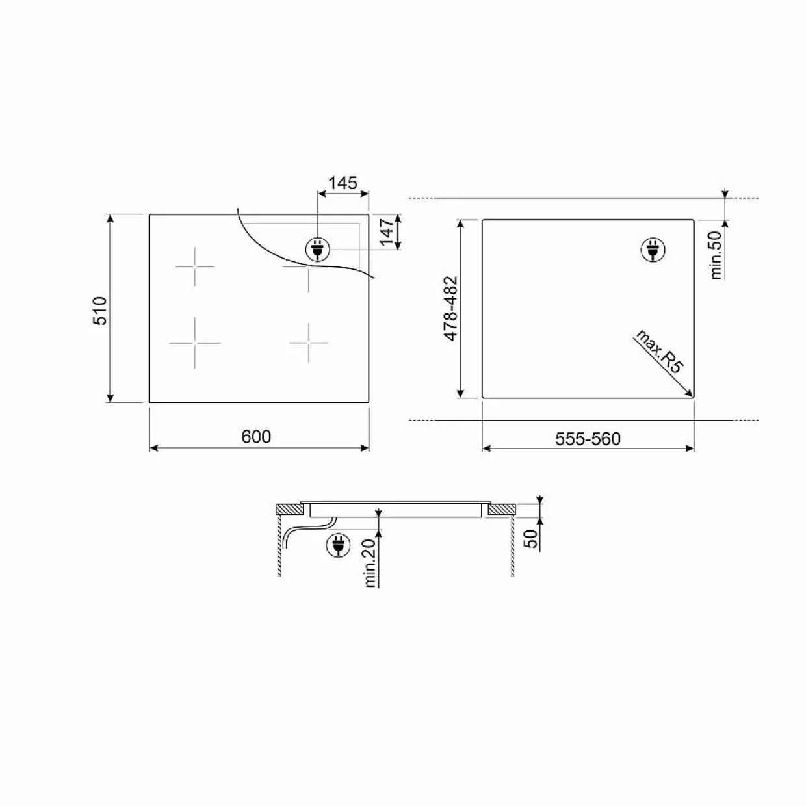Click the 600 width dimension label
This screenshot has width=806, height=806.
click(256, 437)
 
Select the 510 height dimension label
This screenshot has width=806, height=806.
click(100, 310)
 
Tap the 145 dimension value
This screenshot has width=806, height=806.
click(343, 183)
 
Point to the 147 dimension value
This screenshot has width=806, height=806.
click(387, 231)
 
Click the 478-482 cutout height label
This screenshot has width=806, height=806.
click(451, 309)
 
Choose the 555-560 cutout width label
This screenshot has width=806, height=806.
click(588, 439)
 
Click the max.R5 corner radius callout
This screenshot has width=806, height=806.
click(659, 351)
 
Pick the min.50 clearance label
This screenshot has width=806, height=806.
click(716, 255)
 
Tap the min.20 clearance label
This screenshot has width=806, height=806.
click(370, 563)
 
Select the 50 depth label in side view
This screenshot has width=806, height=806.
click(530, 538)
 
